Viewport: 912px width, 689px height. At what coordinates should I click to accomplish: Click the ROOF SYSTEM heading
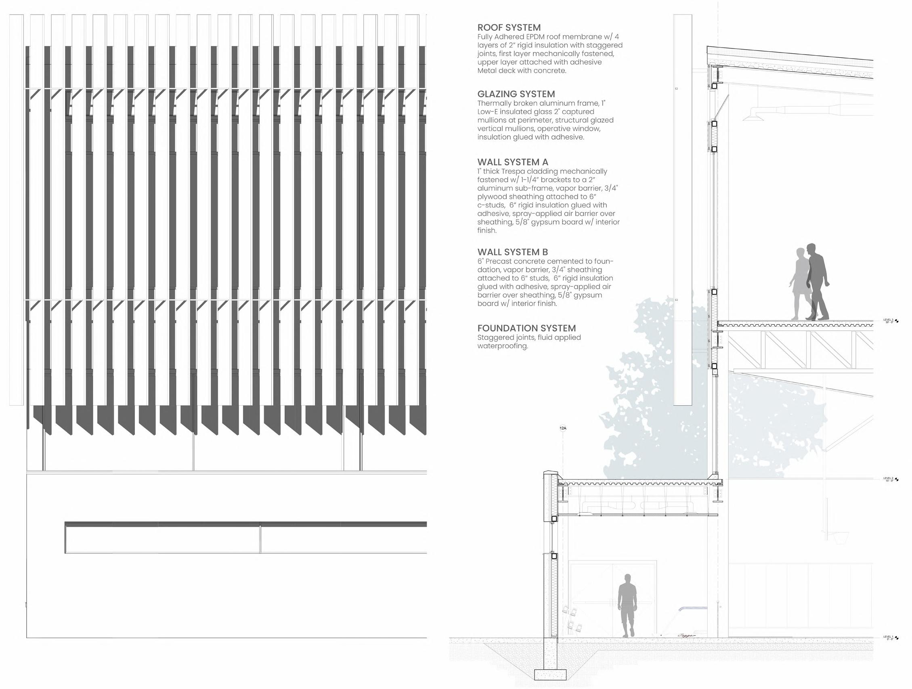tap(509, 27)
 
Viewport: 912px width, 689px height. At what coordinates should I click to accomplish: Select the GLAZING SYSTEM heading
tap(516, 94)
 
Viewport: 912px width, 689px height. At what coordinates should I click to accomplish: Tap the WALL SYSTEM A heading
tap(512, 162)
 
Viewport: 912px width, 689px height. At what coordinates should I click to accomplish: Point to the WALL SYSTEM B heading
tap(512, 252)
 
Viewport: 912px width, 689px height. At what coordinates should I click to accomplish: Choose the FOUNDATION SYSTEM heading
tap(526, 328)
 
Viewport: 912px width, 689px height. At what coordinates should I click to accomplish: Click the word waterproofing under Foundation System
tap(503, 346)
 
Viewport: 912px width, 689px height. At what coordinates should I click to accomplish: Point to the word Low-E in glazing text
tap(488, 112)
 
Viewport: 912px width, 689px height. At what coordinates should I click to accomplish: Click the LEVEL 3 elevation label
tap(888, 321)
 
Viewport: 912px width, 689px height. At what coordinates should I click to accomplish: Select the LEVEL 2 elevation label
tap(888, 479)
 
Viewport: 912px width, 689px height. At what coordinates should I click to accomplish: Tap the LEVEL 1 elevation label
tap(888, 637)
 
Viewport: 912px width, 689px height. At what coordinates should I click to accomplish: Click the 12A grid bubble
tap(563, 428)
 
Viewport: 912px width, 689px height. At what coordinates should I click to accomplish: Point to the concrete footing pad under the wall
tap(550, 674)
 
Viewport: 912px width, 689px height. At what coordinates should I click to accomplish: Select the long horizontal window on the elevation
tap(245, 538)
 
